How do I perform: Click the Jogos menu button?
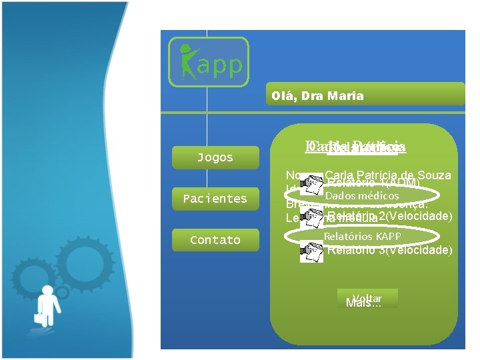[215, 157]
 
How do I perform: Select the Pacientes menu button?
[215, 199]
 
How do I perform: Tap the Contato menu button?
[215, 240]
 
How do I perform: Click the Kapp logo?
[208, 62]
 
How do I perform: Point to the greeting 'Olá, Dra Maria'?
[317, 96]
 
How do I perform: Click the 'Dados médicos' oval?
[361, 195]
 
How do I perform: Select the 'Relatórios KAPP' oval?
[362, 236]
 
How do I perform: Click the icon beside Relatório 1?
[311, 184]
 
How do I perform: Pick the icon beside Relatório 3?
[311, 251]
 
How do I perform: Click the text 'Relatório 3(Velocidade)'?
[389, 250]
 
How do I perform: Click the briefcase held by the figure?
[39, 317]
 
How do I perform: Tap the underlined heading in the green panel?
[355, 147]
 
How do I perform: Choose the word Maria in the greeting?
[347, 96]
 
